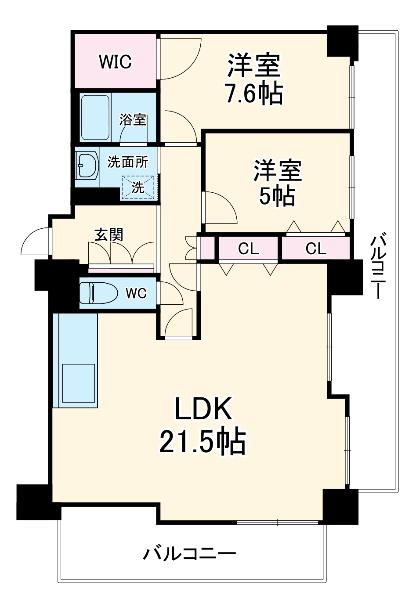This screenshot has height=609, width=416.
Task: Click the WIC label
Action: pos(115,62)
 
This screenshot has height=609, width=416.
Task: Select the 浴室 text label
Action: pos(133,119)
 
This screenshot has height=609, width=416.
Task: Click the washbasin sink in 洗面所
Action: pos(88,166)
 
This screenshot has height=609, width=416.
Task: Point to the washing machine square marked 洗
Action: pos(138,187)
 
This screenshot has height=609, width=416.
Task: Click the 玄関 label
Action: pos(109,235)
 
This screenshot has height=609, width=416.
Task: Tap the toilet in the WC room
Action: pos(98,293)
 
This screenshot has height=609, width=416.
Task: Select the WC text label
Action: pos(136,293)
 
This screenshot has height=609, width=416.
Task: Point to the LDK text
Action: pos(203,409)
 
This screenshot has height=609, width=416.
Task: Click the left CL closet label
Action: pos(248,249)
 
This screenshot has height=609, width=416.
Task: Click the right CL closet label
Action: pos(316,249)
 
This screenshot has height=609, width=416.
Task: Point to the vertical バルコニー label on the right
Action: pos(378,267)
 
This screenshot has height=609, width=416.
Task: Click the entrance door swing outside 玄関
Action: pos(35,243)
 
